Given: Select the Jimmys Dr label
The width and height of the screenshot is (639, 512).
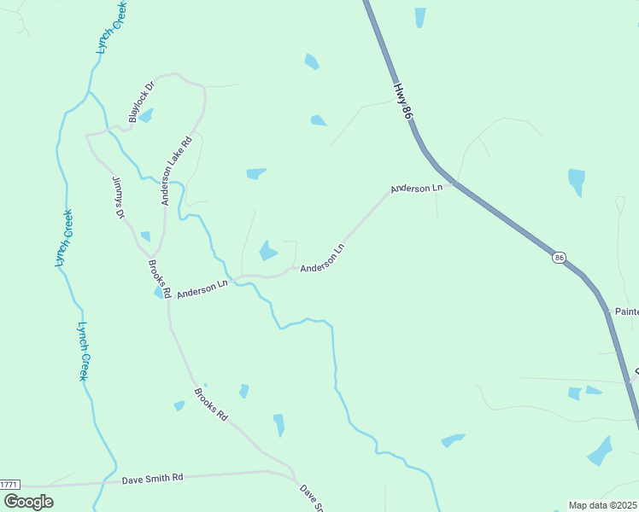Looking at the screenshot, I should click(119, 198).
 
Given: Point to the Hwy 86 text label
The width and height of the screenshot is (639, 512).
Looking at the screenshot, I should click(404, 100).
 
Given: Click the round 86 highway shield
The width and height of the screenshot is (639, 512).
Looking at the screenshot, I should click(559, 258).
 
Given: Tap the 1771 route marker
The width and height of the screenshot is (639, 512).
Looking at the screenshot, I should click(9, 484).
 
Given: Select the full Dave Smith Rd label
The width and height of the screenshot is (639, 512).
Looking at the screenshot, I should click(152, 479).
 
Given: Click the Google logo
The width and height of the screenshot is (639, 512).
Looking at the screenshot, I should click(28, 501).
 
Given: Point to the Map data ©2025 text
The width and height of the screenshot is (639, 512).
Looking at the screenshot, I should click(603, 505).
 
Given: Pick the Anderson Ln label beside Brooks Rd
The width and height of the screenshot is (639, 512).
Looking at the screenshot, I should click(202, 289).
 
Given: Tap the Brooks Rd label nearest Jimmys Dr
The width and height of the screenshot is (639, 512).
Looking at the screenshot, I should click(160, 279).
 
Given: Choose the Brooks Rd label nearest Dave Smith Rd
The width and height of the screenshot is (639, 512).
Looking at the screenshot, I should click(211, 404).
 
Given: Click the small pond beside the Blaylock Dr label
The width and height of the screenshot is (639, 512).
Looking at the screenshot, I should click(146, 115).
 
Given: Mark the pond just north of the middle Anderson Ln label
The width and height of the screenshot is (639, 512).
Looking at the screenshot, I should click(268, 250).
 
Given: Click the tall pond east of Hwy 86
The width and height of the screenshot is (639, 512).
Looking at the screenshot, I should click(577, 181).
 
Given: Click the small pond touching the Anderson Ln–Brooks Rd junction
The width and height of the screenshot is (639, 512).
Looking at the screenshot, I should click(160, 293).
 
